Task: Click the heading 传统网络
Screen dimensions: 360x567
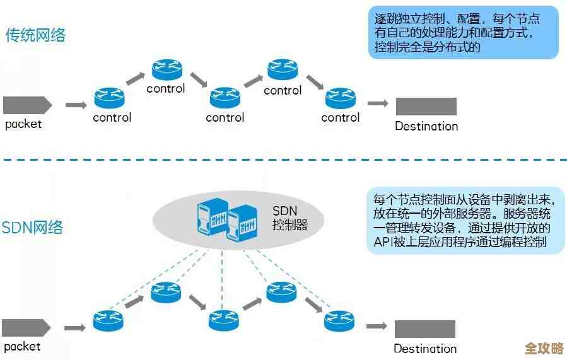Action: click(36, 35)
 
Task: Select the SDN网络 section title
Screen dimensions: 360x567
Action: click(33, 228)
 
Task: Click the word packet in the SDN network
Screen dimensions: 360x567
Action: click(23, 346)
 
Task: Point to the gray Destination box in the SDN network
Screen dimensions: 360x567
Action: click(424, 328)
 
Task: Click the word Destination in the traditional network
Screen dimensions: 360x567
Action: click(426, 126)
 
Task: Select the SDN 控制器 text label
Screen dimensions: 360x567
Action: click(289, 218)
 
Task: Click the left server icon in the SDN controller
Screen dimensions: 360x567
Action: click(213, 218)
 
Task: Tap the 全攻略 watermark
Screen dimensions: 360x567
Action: click(544, 348)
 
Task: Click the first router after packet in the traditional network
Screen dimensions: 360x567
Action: click(110, 98)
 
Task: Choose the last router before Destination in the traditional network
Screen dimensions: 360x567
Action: click(341, 98)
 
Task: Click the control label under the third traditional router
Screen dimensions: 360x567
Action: click(225, 117)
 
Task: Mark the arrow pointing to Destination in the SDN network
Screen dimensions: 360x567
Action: click(377, 326)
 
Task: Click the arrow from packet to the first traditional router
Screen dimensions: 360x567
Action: click(76, 105)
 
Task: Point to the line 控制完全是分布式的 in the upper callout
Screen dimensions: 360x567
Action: click(428, 48)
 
